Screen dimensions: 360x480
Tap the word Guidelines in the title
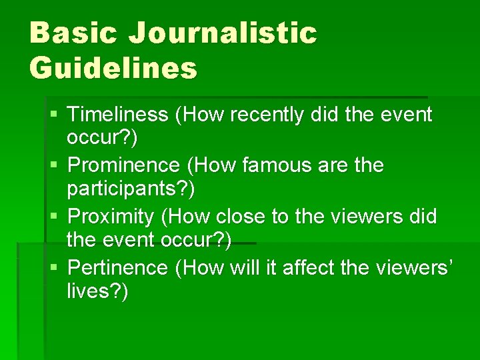[x=113, y=68]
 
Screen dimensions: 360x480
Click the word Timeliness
[x=118, y=115]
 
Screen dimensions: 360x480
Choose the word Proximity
[x=112, y=217]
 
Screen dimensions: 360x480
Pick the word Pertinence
[x=118, y=268]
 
